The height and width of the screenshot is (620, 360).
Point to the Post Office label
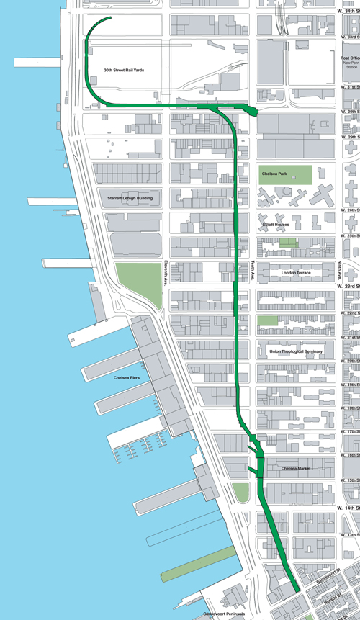coord(350,57)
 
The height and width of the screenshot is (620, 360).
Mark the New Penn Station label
coord(351,66)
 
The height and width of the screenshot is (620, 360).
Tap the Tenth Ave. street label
coord(253,271)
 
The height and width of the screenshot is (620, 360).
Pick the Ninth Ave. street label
coord(339,271)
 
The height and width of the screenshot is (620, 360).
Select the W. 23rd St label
coord(348,286)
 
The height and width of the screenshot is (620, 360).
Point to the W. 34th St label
coord(348,9)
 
